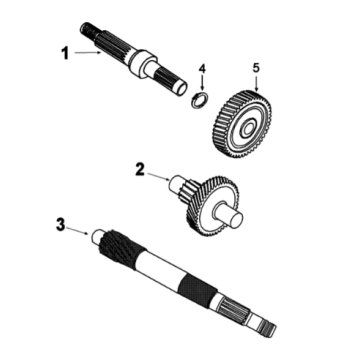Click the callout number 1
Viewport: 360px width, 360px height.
coord(65,53)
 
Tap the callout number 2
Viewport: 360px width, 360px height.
coord(140,169)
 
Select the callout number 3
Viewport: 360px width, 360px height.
coord(60,225)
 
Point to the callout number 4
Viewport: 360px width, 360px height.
coord(203,69)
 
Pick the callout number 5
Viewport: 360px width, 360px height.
coord(256,68)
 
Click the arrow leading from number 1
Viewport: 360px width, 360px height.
coord(88,52)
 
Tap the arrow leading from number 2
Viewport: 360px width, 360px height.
coord(159,177)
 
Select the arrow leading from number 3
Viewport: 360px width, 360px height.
coord(77,231)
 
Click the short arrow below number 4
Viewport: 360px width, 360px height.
coord(203,83)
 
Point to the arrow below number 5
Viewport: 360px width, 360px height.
coord(256,84)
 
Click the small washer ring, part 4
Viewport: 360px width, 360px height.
coord(199,99)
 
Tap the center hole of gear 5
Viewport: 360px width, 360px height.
coord(248,129)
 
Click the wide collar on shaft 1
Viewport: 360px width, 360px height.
coord(142,63)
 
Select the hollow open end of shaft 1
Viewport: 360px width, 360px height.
coord(181,89)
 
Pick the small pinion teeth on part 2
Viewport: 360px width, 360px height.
coord(189,191)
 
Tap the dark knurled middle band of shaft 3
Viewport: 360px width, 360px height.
coord(198,292)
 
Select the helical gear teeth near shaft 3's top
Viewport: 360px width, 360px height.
coord(122,249)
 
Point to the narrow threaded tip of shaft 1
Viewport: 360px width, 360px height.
coord(87,29)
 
